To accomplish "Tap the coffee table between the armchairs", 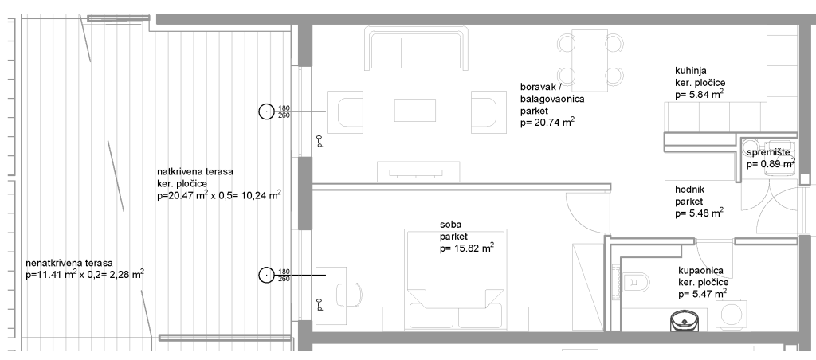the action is click(414, 110).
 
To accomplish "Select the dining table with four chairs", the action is click(590, 61).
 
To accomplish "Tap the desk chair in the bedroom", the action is click(349, 295).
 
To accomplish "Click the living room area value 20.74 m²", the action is click(547, 123).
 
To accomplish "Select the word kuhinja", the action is click(691, 71).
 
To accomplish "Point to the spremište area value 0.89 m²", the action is click(771, 164).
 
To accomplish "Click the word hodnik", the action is click(689, 190).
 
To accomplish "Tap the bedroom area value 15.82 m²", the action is click(467, 248).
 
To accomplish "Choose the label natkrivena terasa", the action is click(194, 171).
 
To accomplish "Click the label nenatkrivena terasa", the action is click(69, 264).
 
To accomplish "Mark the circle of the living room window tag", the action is click(266, 112).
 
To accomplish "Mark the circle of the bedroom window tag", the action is click(266, 275).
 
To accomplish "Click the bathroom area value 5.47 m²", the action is click(703, 295).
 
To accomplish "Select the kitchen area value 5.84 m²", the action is click(700, 95).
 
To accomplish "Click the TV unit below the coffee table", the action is click(418, 172).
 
